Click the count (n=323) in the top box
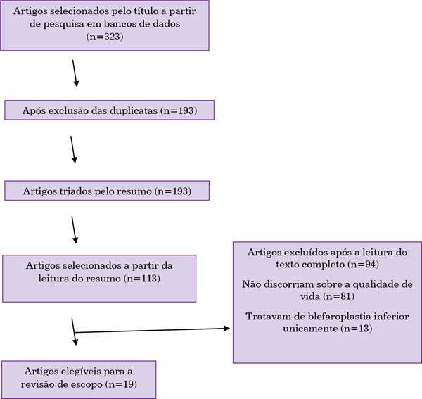(105, 37)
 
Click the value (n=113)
(142, 278)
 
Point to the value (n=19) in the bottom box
(122, 384)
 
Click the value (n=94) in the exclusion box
(364, 265)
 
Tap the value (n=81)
(338, 296)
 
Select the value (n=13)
(357, 329)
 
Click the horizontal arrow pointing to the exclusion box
(152, 330)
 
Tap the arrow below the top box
(75, 73)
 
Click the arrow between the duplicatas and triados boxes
(72, 149)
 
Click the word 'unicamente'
(310, 329)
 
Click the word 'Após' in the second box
(32, 111)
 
